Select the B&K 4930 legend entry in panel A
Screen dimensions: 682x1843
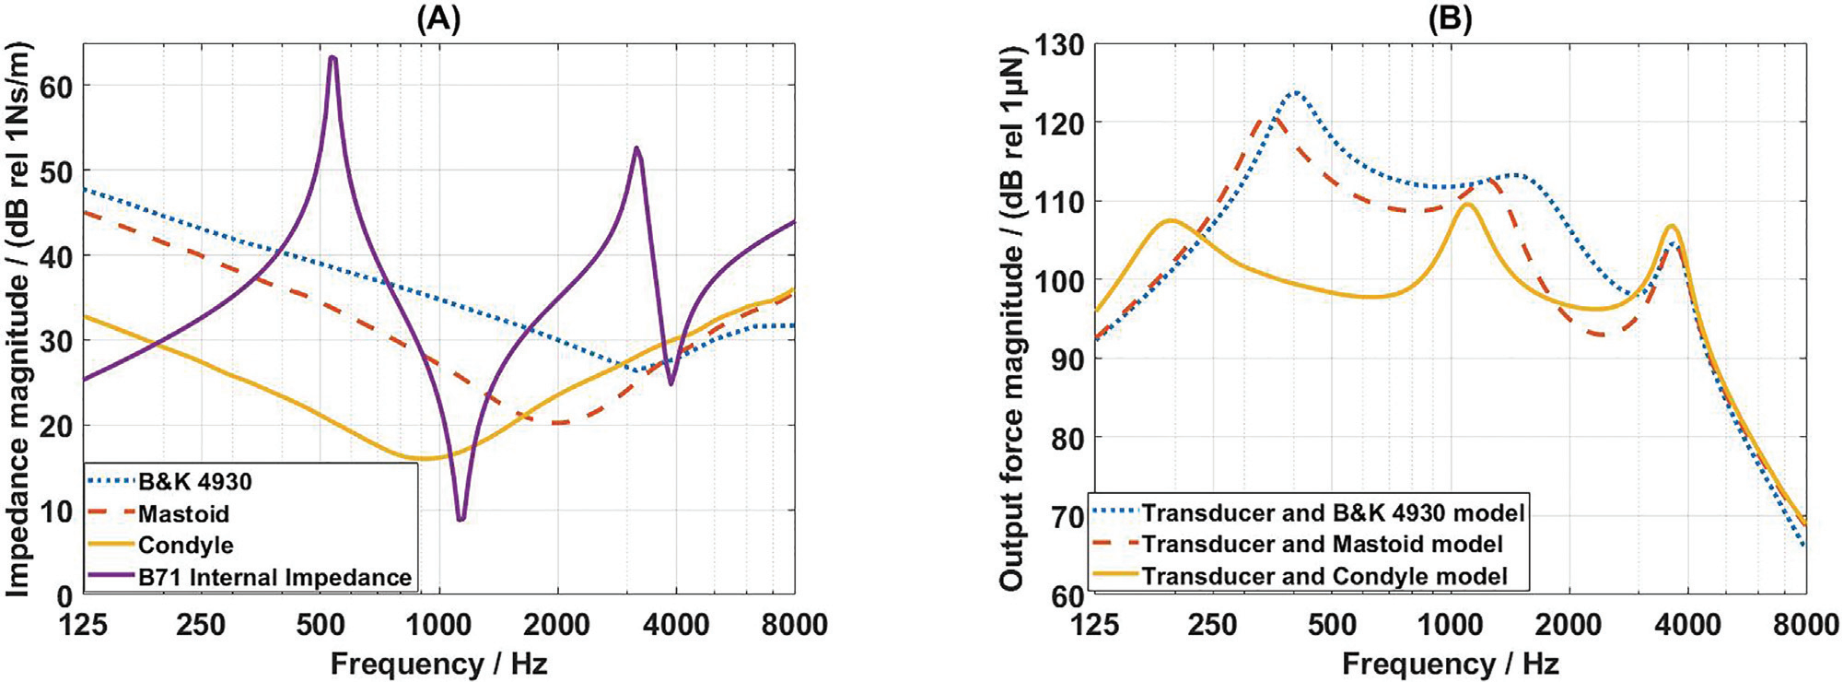click(194, 482)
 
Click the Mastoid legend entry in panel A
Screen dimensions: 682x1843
click(183, 513)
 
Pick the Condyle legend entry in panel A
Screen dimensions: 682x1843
click(185, 545)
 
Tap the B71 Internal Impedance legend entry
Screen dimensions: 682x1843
click(274, 577)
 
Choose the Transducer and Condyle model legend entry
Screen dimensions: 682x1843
click(1324, 576)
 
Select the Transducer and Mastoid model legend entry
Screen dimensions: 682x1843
click(1323, 544)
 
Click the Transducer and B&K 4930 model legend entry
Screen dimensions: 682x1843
click(1334, 512)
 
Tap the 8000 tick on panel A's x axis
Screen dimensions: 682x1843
click(794, 625)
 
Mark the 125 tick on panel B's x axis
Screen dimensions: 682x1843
click(1094, 625)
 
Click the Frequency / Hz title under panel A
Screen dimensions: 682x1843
click(438, 663)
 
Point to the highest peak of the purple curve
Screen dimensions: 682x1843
click(332, 58)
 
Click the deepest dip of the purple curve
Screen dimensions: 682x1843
click(461, 520)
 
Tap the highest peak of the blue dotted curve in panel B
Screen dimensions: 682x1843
click(1295, 92)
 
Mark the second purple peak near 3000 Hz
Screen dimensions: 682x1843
click(636, 147)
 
